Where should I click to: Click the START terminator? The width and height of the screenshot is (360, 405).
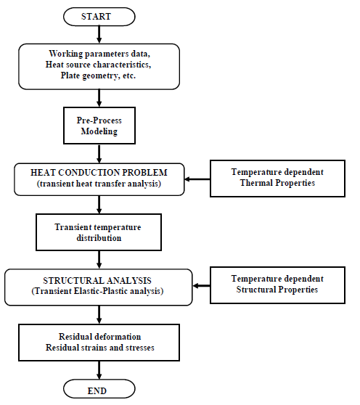(99, 17)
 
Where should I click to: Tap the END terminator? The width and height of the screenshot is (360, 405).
(99, 389)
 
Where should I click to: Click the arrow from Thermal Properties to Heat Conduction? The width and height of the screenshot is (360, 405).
(197, 179)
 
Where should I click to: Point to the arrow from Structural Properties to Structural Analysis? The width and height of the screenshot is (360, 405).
(202, 286)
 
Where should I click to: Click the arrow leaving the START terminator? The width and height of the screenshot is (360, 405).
(99, 35)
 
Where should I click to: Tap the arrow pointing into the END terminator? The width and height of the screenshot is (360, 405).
(99, 370)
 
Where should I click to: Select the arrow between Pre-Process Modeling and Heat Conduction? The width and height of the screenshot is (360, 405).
(99, 154)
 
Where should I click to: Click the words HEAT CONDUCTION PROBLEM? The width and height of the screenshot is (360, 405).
(99, 173)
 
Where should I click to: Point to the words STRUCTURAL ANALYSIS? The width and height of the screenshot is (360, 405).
(97, 280)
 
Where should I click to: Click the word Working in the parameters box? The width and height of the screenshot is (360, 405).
(66, 54)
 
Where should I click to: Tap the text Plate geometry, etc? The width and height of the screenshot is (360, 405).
(98, 75)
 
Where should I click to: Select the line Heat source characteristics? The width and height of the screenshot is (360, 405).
(99, 65)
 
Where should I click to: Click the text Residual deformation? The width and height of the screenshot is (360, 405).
(100, 337)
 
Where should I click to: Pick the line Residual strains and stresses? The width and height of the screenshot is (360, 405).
(100, 348)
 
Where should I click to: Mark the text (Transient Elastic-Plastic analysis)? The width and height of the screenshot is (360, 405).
(97, 291)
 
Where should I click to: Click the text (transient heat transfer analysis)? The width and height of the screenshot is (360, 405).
(99, 184)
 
